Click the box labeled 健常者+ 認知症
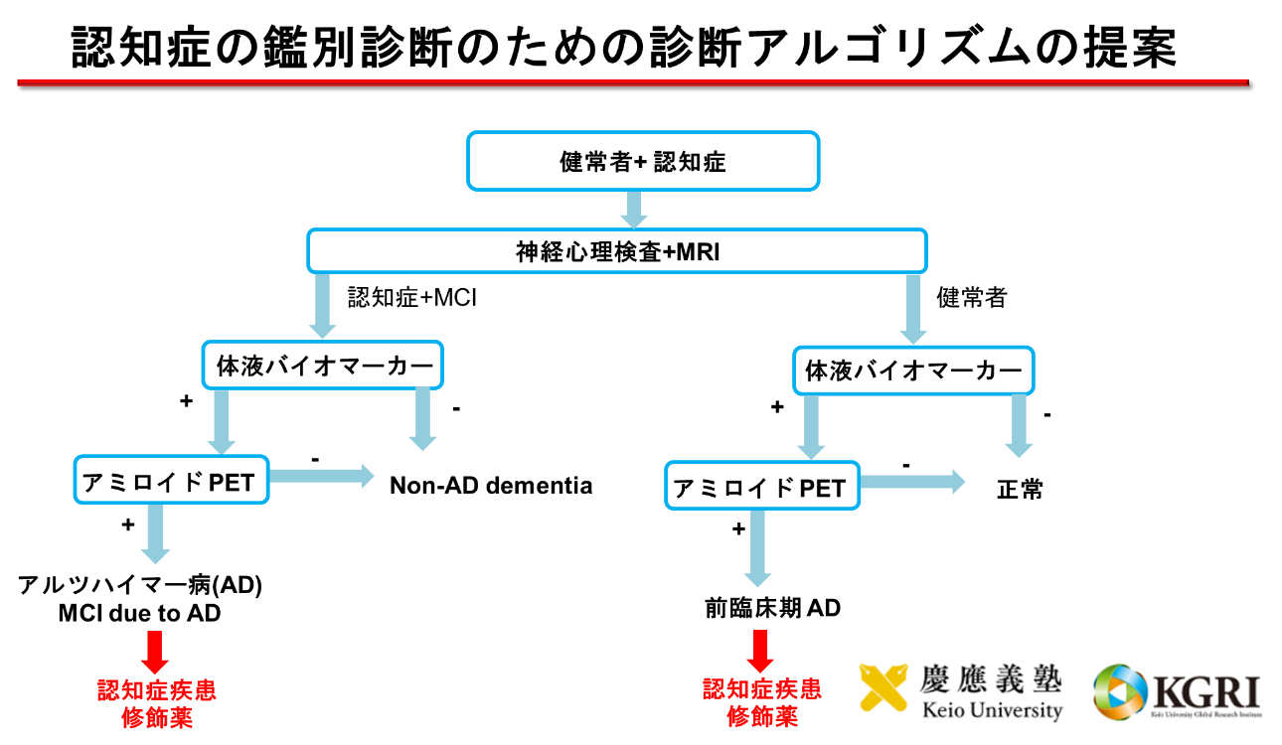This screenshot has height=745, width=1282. click(643, 161)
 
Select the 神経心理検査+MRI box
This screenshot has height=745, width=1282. click(616, 251)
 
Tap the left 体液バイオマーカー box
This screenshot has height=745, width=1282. click(324, 367)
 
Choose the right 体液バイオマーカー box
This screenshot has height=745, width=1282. click(912, 372)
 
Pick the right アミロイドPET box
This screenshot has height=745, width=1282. click(761, 487)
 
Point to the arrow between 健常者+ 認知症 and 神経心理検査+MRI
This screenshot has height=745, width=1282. click(633, 209)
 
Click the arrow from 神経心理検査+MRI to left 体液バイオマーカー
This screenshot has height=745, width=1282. click(321, 305)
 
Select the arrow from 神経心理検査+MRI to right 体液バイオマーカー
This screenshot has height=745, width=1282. click(912, 308)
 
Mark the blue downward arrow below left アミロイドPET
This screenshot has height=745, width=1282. click(155, 533)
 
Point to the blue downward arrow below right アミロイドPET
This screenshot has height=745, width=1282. click(757, 547)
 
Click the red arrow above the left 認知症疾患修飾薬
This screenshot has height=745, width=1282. click(155, 651)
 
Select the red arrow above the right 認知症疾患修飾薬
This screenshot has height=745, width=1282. click(760, 651)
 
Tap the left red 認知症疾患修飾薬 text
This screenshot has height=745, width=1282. click(156, 704)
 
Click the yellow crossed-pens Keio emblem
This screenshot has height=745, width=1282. click(886, 687)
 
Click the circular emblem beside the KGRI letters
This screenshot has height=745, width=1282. click(1118, 690)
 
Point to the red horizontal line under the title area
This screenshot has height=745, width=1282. click(632, 82)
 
